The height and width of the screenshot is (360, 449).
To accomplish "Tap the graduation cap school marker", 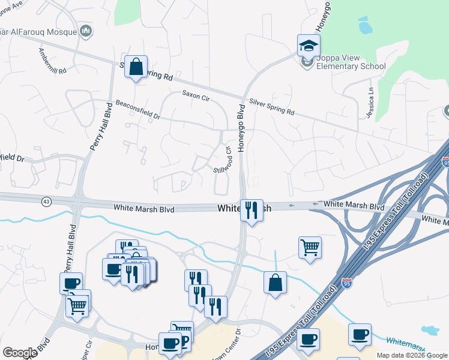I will (x=309, y=45).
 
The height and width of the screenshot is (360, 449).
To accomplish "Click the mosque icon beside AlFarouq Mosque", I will (x=86, y=31).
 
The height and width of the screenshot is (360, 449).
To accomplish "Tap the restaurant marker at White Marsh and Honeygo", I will (x=252, y=210).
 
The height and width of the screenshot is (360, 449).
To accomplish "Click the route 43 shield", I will (x=46, y=201).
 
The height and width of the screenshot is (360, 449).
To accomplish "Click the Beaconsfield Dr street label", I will (x=138, y=109).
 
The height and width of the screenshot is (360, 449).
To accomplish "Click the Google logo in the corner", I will (x=20, y=353).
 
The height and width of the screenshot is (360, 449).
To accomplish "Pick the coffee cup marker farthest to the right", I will (x=360, y=334).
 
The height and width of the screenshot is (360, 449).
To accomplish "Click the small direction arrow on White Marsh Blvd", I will (x=292, y=205).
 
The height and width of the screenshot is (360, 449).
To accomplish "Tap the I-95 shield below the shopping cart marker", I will (x=347, y=282).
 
